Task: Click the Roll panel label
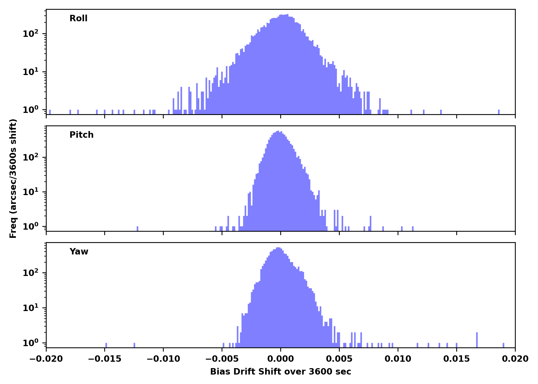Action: tap(78, 18)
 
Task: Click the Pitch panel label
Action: tap(81, 135)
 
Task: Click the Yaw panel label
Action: tap(79, 252)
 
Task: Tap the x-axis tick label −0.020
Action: tap(46, 359)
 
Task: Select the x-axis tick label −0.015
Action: tap(105, 359)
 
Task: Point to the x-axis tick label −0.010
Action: tap(163, 359)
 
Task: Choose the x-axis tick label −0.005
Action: tap(222, 359)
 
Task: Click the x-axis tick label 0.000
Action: tap(281, 359)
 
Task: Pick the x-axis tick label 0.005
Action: tap(339, 359)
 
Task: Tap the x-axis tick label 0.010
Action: tap(398, 359)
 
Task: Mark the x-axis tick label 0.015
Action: tap(457, 359)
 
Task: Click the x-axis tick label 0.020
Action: tap(515, 359)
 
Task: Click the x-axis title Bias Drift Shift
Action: tap(281, 372)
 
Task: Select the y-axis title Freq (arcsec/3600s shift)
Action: tap(13, 178)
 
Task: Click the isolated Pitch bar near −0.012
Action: tap(138, 229)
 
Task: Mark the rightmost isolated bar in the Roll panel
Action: tap(499, 112)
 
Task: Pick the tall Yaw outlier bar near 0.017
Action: tap(477, 340)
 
